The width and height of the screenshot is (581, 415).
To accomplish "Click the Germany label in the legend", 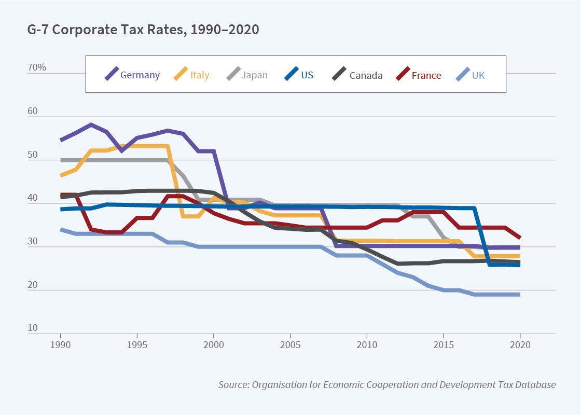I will (x=140, y=75).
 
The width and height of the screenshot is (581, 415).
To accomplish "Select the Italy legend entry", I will (x=199, y=75).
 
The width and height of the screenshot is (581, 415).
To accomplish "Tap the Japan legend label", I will (x=254, y=75).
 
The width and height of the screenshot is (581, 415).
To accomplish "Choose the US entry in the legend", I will (x=307, y=75).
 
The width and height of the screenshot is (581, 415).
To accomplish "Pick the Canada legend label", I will (x=366, y=75).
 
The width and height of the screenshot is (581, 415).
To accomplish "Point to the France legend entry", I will (x=426, y=75).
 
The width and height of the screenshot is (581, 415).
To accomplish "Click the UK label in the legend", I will (x=478, y=75).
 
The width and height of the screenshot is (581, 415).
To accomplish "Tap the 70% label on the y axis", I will (x=37, y=67).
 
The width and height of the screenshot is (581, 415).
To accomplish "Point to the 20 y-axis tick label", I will (x=32, y=284).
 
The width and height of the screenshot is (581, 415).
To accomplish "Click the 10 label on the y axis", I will (x=32, y=328).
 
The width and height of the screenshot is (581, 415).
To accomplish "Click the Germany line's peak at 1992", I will (x=91, y=125).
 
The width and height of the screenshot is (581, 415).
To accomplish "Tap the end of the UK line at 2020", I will (x=519, y=295).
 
